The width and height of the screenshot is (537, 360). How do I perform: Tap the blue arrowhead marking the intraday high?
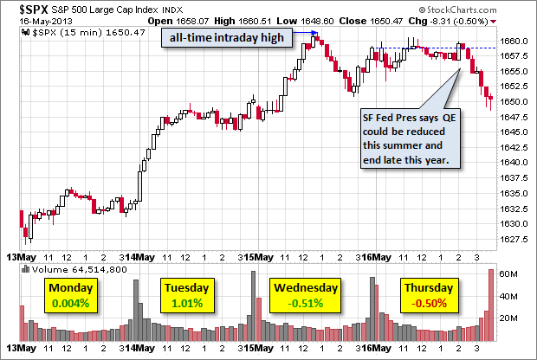(x=314, y=34)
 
